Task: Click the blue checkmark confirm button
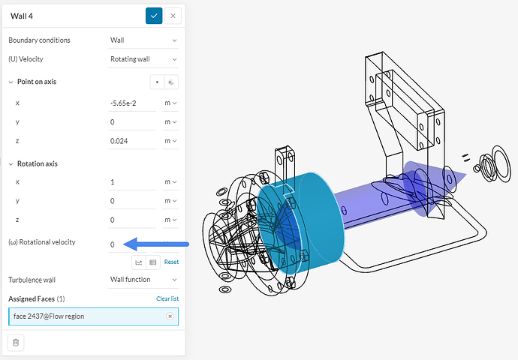pyautogui.click(x=154, y=16)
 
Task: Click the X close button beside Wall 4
pyautogui.click(x=173, y=16)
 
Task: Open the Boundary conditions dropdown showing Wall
pyautogui.click(x=143, y=40)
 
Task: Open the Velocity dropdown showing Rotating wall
pyautogui.click(x=143, y=59)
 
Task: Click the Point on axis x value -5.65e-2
pyautogui.click(x=132, y=103)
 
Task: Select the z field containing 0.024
pyautogui.click(x=132, y=141)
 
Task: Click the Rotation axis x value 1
pyautogui.click(x=132, y=182)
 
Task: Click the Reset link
pyautogui.click(x=171, y=262)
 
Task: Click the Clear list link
pyautogui.click(x=167, y=298)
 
